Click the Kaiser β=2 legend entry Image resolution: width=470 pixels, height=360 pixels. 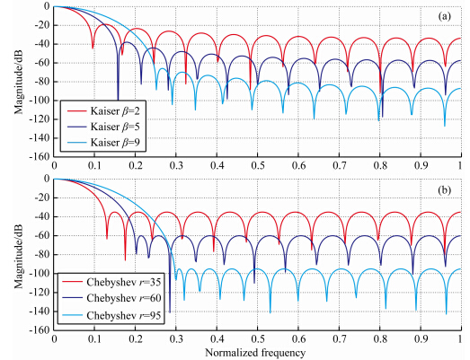coord(103,111)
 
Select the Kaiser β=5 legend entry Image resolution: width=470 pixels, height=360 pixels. coord(103,127)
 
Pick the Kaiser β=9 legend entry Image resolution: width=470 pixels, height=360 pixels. coord(103,142)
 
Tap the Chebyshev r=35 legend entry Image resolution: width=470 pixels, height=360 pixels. coord(111,282)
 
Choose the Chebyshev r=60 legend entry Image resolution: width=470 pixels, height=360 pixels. coord(111,298)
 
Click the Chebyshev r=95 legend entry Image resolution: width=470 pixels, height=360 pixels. coord(111,315)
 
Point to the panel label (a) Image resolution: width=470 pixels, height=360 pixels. coord(444,16)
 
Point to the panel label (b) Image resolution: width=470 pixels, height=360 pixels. coord(444,190)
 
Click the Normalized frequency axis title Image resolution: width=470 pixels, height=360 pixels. coord(255,353)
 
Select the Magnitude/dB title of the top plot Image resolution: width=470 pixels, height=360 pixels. coord(19,81)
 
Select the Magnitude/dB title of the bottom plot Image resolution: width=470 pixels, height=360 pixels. coord(19,255)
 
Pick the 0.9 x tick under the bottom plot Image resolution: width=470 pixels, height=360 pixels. coord(421,338)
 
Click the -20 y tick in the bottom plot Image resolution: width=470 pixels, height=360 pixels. coord(41,198)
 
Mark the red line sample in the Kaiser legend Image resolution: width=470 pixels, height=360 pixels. coord(76,111)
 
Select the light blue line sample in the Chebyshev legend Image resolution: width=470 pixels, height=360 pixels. coord(72,315)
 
